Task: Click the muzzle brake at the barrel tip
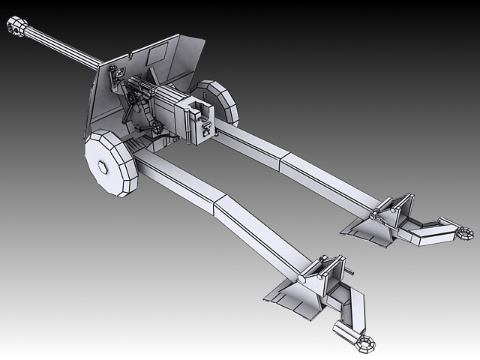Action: [15, 28]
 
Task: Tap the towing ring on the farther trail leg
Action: [465, 234]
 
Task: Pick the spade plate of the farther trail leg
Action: [367, 228]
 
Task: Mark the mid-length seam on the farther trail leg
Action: [283, 159]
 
